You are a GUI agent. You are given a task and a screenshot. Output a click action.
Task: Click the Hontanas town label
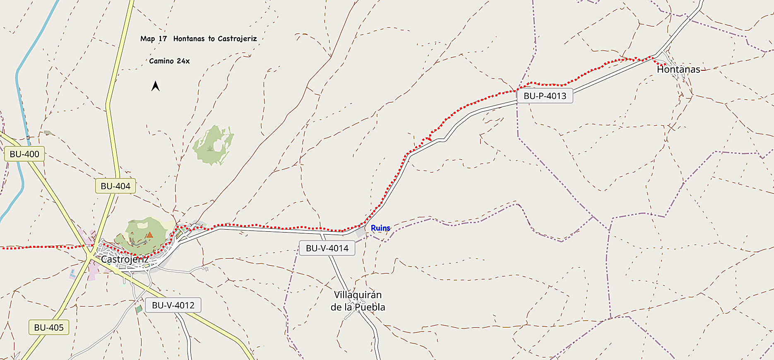point(678,70)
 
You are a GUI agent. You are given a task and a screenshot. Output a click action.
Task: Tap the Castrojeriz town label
point(125,259)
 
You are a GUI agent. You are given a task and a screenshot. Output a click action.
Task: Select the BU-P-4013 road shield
point(545,96)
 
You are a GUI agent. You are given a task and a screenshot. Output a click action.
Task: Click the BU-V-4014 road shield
point(327,248)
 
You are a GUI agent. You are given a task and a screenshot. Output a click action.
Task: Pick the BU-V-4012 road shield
point(173,305)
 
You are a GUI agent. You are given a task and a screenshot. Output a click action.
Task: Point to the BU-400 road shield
point(24,154)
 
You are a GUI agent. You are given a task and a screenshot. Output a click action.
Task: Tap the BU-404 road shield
point(115,186)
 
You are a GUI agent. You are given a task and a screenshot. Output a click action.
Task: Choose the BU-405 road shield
point(49,328)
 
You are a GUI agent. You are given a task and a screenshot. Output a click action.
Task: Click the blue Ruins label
point(380,228)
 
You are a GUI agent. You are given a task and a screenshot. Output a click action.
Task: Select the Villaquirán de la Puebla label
point(358,301)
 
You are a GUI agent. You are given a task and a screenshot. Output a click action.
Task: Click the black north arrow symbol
point(156,86)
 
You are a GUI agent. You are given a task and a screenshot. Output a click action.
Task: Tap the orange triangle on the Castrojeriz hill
point(149,235)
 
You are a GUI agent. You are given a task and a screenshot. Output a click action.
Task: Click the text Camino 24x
point(169,61)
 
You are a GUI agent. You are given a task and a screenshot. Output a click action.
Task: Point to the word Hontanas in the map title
point(189,39)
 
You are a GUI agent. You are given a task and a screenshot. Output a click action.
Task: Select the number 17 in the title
point(163,39)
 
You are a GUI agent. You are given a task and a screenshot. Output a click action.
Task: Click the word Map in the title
point(147,39)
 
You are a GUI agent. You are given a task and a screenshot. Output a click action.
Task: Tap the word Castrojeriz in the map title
point(237,39)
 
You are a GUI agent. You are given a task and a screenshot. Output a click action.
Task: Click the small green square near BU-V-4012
point(139,309)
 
